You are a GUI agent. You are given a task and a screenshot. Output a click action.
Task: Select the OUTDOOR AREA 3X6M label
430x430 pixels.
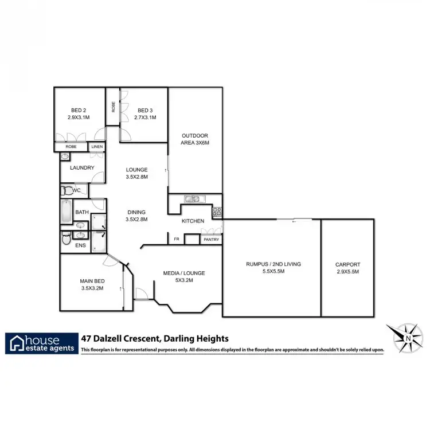194,139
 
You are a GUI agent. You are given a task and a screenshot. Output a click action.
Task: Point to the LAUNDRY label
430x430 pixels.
82,168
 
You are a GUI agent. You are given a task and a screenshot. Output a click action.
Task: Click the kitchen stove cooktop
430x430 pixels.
217,212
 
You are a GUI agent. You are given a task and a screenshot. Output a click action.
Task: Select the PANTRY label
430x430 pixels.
211,240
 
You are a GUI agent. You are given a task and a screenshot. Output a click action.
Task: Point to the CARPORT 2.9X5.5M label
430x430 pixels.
347,268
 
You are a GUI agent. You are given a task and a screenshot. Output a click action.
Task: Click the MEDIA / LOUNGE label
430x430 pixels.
185,276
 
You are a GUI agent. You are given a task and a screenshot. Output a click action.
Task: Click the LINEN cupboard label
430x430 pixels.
97,147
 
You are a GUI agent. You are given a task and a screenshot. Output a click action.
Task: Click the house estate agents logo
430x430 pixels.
42,343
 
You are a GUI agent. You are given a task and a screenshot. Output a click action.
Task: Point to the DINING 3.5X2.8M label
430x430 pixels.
137,215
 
